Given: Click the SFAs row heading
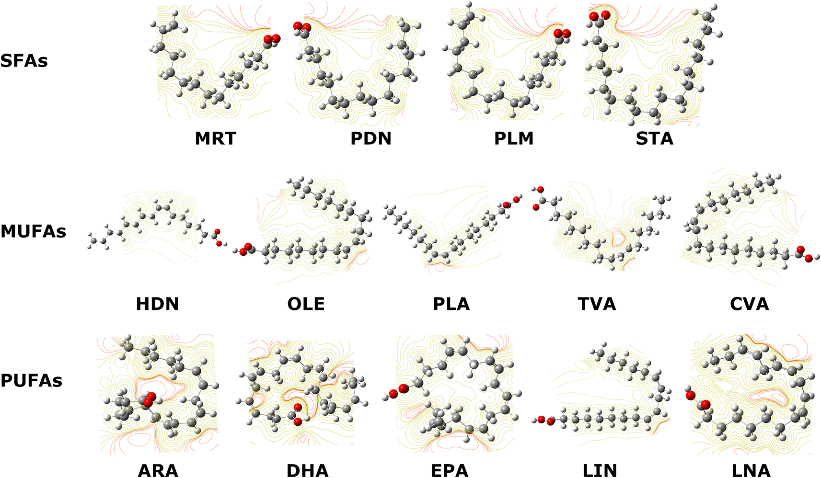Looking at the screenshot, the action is point(24,60).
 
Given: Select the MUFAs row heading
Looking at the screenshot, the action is point(34,231).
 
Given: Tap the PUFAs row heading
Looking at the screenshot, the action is point(32,381).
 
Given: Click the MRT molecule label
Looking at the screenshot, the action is point(216,138).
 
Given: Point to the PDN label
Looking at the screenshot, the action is point(371,138).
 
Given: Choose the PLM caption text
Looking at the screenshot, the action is point(514,138).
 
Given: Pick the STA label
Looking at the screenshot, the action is point(655,138).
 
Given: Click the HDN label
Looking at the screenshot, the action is point(157,304).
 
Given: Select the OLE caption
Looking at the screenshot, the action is point(306,304).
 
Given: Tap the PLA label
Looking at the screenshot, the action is point(451,304).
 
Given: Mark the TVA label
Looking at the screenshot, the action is point(597,304).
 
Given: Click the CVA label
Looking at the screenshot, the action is point(749,304).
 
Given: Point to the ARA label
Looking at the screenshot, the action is point(158,471).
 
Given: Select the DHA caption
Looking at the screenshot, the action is point(308,471).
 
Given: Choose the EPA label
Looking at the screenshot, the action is point(450,471).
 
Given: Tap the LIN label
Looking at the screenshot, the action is point(600,471).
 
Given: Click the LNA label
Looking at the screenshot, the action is point(750,471).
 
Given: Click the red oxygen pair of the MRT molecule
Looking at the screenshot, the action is point(272,39).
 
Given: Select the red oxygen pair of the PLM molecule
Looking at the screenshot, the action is point(562,34).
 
